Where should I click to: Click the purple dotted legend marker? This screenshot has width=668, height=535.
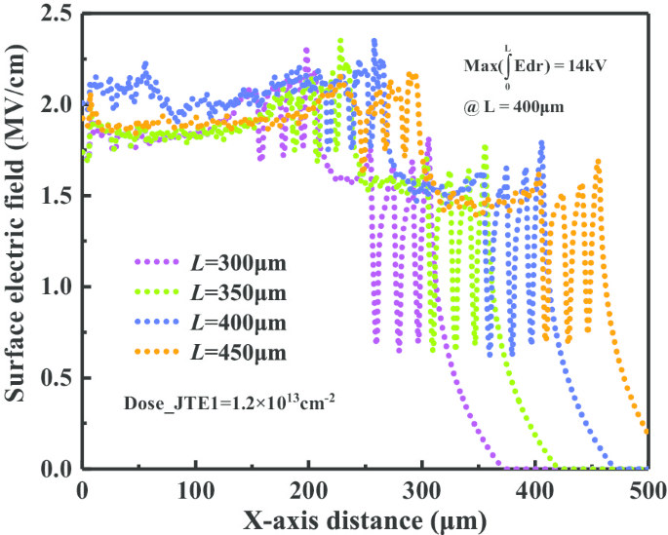tap(158, 263)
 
